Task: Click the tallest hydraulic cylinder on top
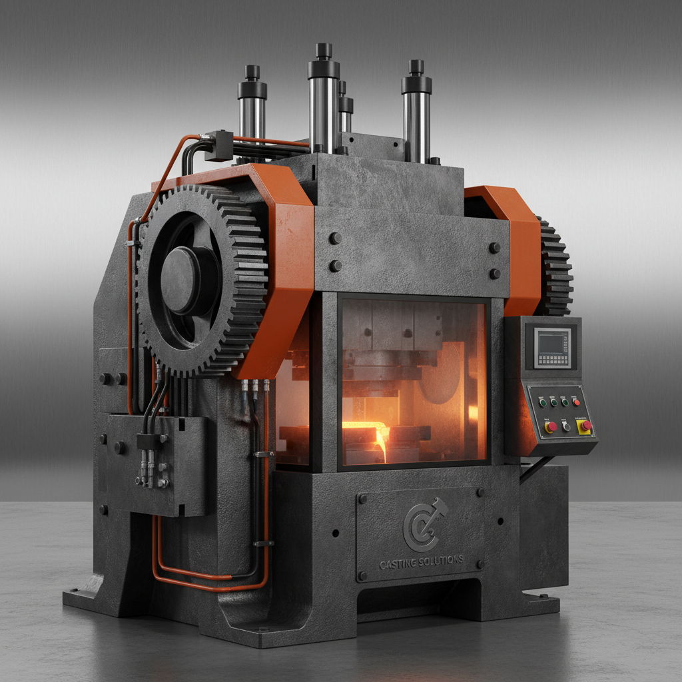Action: coord(324,100)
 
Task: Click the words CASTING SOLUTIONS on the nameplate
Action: coord(421,561)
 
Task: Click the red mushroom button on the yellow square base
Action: coord(586,425)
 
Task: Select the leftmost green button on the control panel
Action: coord(543,403)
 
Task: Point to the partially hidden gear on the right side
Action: coord(555,266)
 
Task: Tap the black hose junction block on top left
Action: coord(218,145)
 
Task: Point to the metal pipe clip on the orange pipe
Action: coord(264,454)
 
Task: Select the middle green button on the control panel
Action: coord(554,402)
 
